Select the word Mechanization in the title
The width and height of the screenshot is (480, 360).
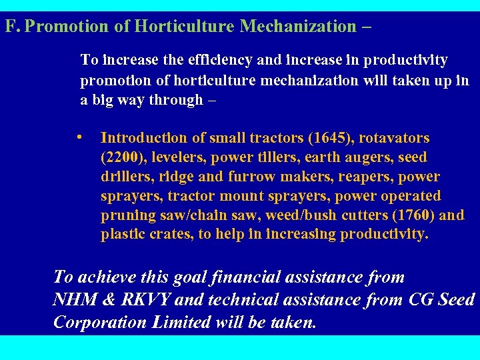[x=298, y=27]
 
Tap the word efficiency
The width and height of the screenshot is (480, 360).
[x=219, y=60]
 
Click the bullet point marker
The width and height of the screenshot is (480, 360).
[x=79, y=137]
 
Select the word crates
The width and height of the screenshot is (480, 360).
[x=163, y=235]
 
